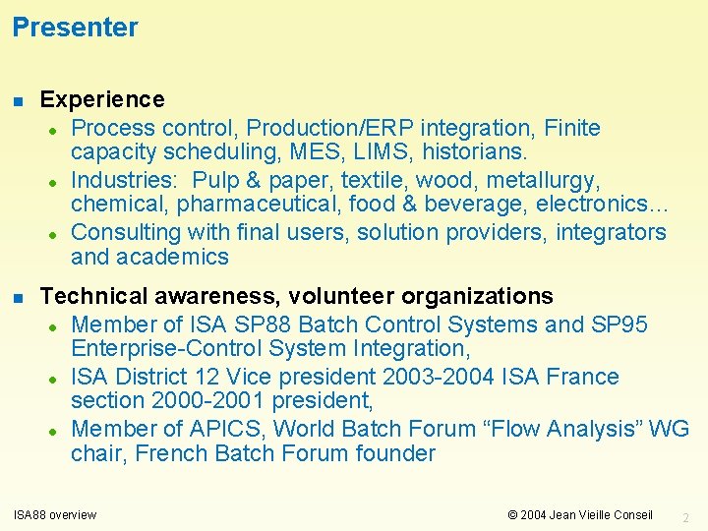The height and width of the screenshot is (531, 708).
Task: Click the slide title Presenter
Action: tap(75, 28)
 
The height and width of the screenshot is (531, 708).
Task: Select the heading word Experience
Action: tap(102, 99)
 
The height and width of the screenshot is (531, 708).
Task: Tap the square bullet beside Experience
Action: tap(18, 100)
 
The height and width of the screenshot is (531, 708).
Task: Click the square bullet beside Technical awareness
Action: tap(18, 297)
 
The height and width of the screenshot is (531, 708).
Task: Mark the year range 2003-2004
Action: tap(434, 377)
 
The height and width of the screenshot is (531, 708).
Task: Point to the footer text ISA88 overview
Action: tap(55, 514)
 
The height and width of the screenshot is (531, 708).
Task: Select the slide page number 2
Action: tap(686, 516)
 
